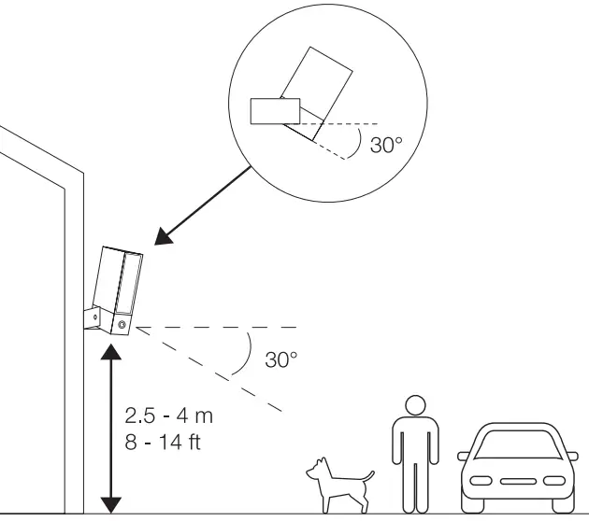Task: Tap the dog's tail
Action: (369, 476)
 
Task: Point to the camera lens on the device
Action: (122, 323)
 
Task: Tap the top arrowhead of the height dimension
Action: (111, 351)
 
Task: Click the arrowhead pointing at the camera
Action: (165, 236)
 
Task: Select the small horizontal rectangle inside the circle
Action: (275, 110)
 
